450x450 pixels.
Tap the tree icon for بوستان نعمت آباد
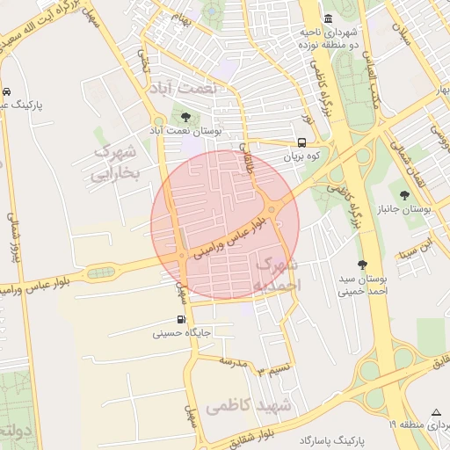pyautogui.click(x=185, y=116)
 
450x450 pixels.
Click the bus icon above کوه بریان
pyautogui.click(x=302, y=142)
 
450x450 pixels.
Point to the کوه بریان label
pyautogui.click(x=303, y=157)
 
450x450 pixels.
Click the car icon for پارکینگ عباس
pyautogui.click(x=7, y=91)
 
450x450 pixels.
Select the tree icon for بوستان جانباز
pyautogui.click(x=404, y=195)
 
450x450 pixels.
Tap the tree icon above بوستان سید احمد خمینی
pyautogui.click(x=362, y=265)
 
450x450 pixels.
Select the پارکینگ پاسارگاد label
pyautogui.click(x=330, y=439)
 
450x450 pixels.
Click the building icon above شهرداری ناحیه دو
pyautogui.click(x=328, y=19)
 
